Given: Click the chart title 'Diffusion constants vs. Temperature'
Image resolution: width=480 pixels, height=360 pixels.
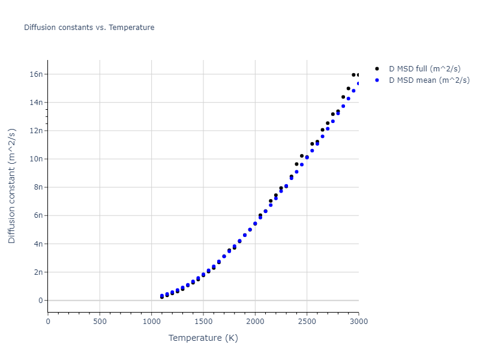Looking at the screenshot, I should (x=89, y=28).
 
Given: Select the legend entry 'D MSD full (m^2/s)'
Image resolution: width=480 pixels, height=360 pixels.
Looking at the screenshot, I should (x=425, y=69).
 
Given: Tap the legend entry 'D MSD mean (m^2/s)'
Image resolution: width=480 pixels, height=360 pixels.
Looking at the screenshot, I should (x=429, y=80).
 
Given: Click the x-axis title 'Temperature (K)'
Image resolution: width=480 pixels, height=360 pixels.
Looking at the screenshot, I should (x=203, y=338).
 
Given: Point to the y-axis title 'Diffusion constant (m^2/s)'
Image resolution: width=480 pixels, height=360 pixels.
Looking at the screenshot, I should (x=12, y=186).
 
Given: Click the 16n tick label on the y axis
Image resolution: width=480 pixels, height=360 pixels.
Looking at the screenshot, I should (x=37, y=74).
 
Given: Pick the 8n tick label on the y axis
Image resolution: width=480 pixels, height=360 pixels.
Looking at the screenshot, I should (x=39, y=187).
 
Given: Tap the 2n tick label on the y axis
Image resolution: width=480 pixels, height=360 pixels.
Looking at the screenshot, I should (x=39, y=272).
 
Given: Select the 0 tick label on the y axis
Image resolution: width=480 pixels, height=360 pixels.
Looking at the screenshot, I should (x=41, y=301).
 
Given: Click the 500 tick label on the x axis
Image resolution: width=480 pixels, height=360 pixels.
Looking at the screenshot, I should (x=100, y=322).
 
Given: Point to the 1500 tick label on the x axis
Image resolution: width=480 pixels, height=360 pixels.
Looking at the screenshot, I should (x=203, y=322).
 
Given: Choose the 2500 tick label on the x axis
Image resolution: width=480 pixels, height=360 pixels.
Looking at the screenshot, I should (x=307, y=322).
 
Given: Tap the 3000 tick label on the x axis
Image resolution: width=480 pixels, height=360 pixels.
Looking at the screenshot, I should (x=358, y=322).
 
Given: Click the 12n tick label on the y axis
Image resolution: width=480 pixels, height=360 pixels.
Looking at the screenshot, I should (x=37, y=131).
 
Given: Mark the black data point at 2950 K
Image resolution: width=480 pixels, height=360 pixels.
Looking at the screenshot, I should (x=353, y=75).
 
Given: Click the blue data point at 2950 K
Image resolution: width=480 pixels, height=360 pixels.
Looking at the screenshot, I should (x=353, y=91).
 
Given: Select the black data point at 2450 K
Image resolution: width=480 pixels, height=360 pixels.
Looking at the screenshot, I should (x=302, y=156).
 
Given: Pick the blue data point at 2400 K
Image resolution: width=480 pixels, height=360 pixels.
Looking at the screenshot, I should (x=296, y=172).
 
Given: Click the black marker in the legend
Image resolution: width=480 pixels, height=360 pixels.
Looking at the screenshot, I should (x=377, y=69).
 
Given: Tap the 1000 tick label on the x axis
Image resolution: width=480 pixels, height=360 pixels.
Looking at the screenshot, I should (x=151, y=322).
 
